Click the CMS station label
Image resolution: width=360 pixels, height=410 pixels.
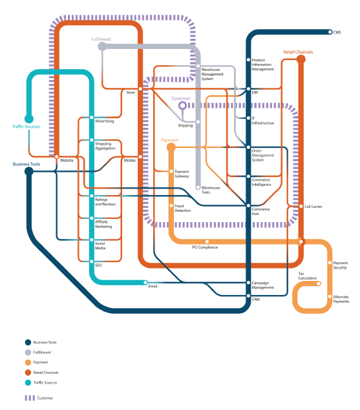(x=337, y=32)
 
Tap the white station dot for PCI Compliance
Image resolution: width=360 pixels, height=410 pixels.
(x=207, y=241)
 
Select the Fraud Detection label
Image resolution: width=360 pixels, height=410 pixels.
(x=182, y=208)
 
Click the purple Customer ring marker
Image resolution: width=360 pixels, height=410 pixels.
(x=182, y=106)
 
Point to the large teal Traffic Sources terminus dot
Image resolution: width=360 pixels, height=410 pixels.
(x=29, y=119)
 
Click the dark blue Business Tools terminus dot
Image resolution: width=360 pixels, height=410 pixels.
(x=29, y=172)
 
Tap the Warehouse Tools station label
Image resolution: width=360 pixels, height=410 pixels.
(x=211, y=190)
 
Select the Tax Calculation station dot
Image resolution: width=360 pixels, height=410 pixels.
(x=319, y=283)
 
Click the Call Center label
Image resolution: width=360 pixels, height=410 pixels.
(x=313, y=207)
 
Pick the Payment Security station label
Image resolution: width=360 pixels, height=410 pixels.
(x=340, y=265)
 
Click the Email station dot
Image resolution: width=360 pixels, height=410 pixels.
(x=145, y=282)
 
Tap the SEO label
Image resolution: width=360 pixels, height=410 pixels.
(x=98, y=265)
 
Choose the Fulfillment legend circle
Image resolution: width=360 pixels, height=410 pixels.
(x=28, y=353)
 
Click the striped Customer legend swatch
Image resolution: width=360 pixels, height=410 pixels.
(x=30, y=398)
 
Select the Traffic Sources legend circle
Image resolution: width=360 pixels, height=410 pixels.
(x=28, y=382)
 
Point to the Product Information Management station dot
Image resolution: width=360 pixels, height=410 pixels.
(x=248, y=60)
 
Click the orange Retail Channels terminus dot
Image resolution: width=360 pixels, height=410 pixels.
(x=301, y=59)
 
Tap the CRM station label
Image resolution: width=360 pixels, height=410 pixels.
(x=256, y=300)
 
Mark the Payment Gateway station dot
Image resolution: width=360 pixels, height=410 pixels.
(x=171, y=171)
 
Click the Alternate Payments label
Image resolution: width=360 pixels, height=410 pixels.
(x=341, y=299)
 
